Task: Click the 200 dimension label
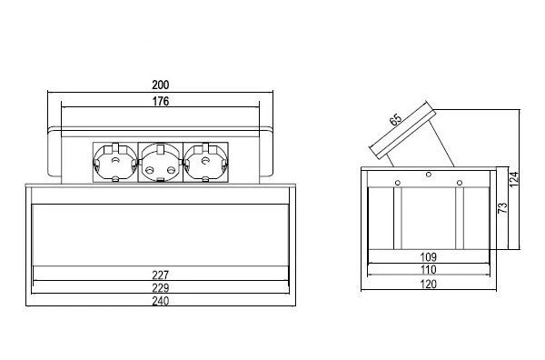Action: coord(160,85)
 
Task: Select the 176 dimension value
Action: coord(161,102)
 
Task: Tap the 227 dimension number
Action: coord(160,275)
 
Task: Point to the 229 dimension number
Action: coord(160,288)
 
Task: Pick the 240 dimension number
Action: coord(160,301)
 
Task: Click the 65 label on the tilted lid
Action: coord(395,120)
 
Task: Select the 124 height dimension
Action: coord(514,179)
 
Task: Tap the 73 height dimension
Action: coord(502,208)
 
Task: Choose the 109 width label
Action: coord(428,257)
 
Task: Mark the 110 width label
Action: coord(428,270)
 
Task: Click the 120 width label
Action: coord(428,285)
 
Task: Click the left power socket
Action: coord(115,162)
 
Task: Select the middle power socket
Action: coord(160,162)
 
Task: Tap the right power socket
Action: coord(205,162)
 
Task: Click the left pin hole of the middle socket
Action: coord(150,170)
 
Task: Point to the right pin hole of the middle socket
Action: coord(171,170)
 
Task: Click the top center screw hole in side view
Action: coord(429,175)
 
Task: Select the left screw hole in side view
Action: coord(398,183)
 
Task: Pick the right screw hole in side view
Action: coord(460,183)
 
